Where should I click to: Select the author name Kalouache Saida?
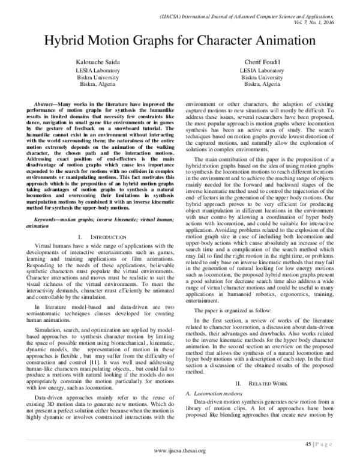[x=98, y=63]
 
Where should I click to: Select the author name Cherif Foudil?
[x=263, y=63]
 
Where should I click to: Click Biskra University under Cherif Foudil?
[x=263, y=78]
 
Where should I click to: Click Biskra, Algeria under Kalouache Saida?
[x=98, y=85]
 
